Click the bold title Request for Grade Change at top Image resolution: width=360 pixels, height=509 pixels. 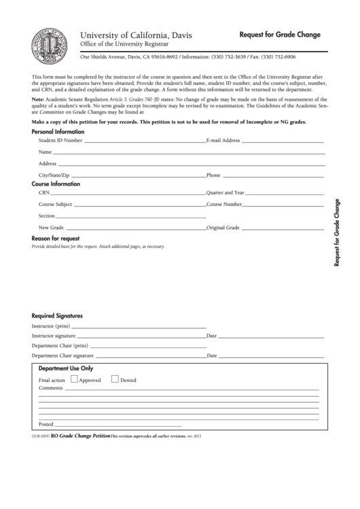click(280, 34)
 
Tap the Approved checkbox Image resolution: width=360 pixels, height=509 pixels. click(74, 380)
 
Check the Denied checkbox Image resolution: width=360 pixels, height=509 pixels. click(115, 380)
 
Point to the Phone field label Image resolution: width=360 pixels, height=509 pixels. click(213, 175)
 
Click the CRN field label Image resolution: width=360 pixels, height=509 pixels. click(44, 193)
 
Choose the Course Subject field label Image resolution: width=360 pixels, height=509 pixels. click(55, 205)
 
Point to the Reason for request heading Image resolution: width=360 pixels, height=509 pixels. click(56, 239)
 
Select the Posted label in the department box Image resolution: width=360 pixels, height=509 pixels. click(46, 424)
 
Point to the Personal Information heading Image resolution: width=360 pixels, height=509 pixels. click(58, 131)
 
